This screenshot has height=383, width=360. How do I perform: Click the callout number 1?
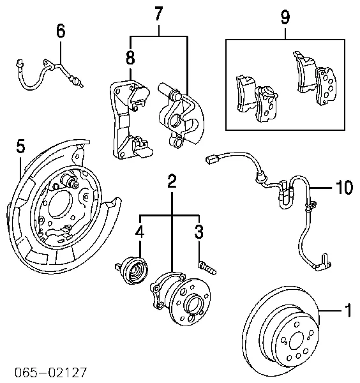click(348, 311)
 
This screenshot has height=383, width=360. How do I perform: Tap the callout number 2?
click(172, 181)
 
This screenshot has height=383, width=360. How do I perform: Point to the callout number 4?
click(139, 233)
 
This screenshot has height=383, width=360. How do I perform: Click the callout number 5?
click(20, 147)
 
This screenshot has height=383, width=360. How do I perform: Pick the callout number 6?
click(61, 30)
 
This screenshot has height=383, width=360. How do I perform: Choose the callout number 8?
click(130, 57)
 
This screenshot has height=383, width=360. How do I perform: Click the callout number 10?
click(343, 187)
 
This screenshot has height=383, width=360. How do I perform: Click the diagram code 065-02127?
click(45, 372)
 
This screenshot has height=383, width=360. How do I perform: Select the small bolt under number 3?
click(207, 266)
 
